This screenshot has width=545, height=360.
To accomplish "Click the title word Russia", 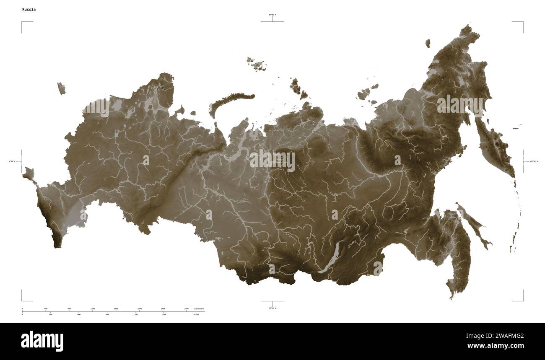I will (29, 9).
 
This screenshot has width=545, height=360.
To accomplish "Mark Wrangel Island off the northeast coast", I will (428, 43).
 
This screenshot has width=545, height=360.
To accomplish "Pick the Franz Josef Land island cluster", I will (256, 63).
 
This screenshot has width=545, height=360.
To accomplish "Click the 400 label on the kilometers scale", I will (45, 309).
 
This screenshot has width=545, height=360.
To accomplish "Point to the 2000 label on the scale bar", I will (140, 309).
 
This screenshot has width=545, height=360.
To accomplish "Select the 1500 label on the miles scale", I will (163, 314).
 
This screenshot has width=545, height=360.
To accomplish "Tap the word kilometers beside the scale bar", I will (199, 309).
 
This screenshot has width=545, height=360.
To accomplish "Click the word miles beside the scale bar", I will (196, 314).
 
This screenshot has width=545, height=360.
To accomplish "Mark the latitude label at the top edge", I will (272, 15).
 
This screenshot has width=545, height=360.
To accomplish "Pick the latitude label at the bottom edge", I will (272, 308).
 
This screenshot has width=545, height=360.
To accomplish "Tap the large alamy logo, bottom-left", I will (42, 341).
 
